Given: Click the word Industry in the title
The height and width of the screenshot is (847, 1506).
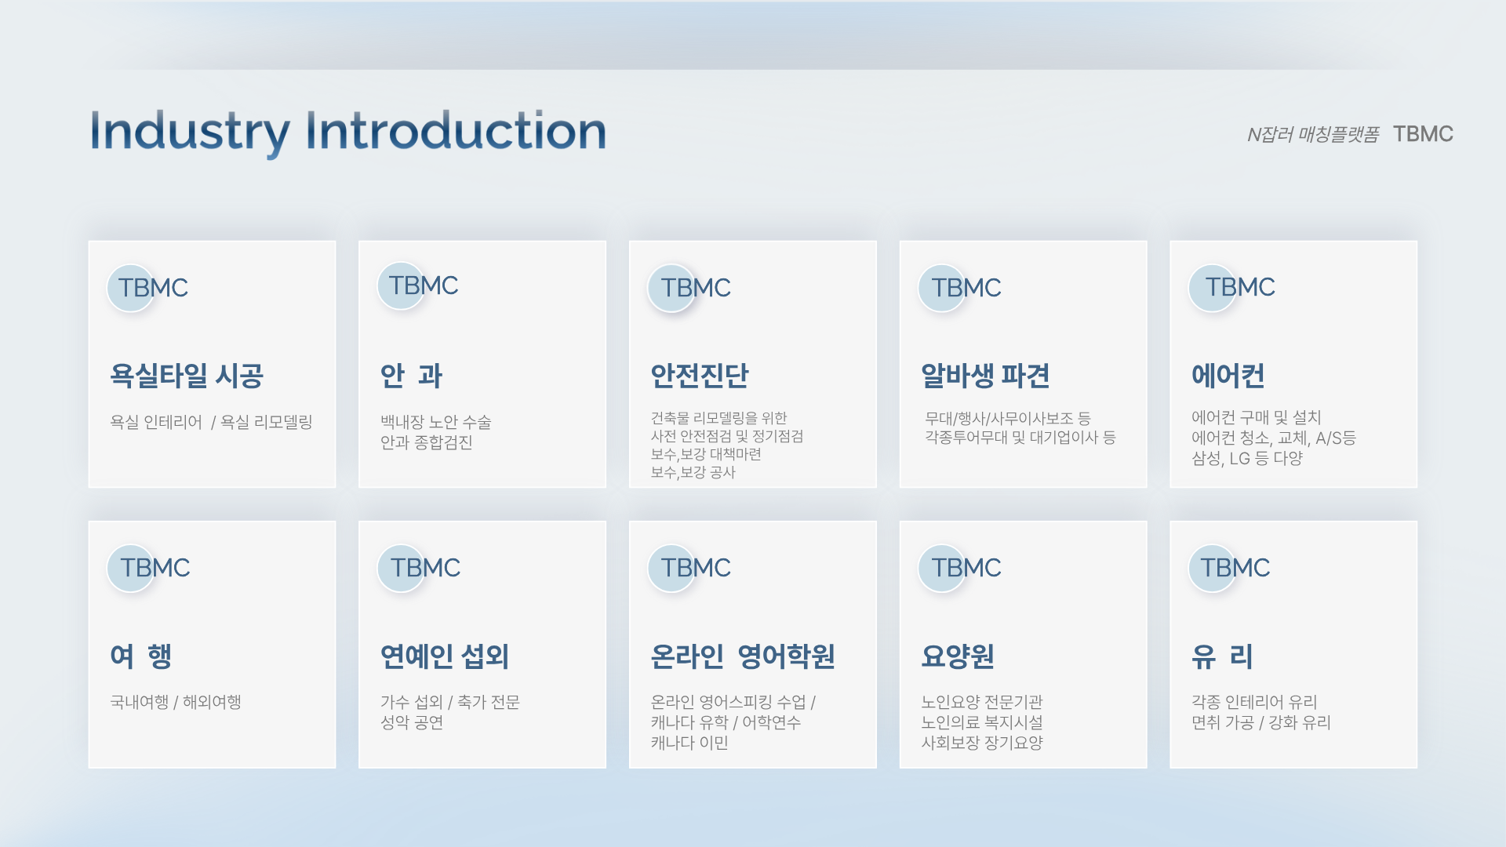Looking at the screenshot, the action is (190, 133).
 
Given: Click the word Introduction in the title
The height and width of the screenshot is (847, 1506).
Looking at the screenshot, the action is (456, 130).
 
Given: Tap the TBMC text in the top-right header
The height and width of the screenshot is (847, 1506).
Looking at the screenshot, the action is (1423, 134).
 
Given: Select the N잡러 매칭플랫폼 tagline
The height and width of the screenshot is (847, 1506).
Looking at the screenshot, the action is (1313, 135).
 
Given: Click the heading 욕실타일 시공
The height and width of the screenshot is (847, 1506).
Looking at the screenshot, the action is (187, 376).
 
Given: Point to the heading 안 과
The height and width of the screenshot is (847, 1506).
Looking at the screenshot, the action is (411, 376).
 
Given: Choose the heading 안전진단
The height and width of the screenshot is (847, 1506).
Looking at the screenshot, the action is (700, 376).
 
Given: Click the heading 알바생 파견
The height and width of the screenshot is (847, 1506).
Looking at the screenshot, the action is (985, 376).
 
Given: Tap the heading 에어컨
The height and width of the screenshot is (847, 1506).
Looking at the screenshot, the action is (1228, 376).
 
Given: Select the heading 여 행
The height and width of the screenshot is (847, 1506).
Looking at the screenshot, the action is (141, 656).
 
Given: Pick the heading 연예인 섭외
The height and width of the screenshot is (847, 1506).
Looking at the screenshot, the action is (445, 656).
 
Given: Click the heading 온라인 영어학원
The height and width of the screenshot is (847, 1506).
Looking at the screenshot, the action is (743, 656).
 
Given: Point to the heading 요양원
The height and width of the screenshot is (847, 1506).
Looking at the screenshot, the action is (958, 656).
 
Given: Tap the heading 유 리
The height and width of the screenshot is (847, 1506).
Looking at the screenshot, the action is (1222, 656).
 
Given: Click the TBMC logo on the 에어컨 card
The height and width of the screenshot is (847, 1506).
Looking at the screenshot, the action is (1232, 288).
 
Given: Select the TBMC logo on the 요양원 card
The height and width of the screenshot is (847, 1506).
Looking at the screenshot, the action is (960, 568).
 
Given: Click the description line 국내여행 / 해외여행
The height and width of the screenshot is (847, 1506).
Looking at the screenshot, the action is (176, 702).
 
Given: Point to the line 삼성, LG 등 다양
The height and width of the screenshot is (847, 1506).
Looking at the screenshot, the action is (1247, 458).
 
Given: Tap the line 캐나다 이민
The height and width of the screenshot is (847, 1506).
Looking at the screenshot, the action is (689, 743).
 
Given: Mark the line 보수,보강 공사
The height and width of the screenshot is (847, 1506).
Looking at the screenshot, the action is (693, 472).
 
